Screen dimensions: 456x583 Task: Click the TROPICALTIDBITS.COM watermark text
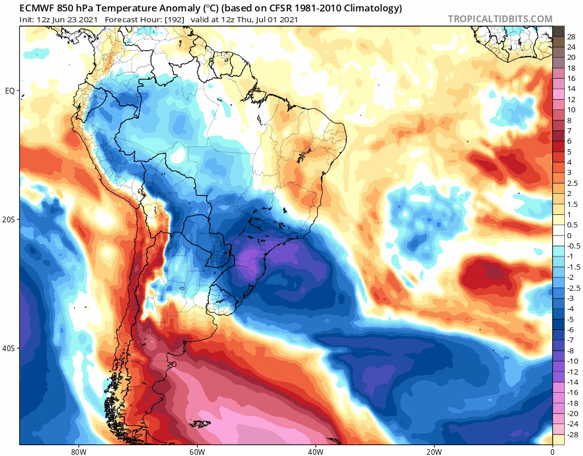[x=500, y=19]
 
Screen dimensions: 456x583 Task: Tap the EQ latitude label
[x=10, y=91]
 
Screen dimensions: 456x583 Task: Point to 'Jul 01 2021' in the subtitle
[x=274, y=19]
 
